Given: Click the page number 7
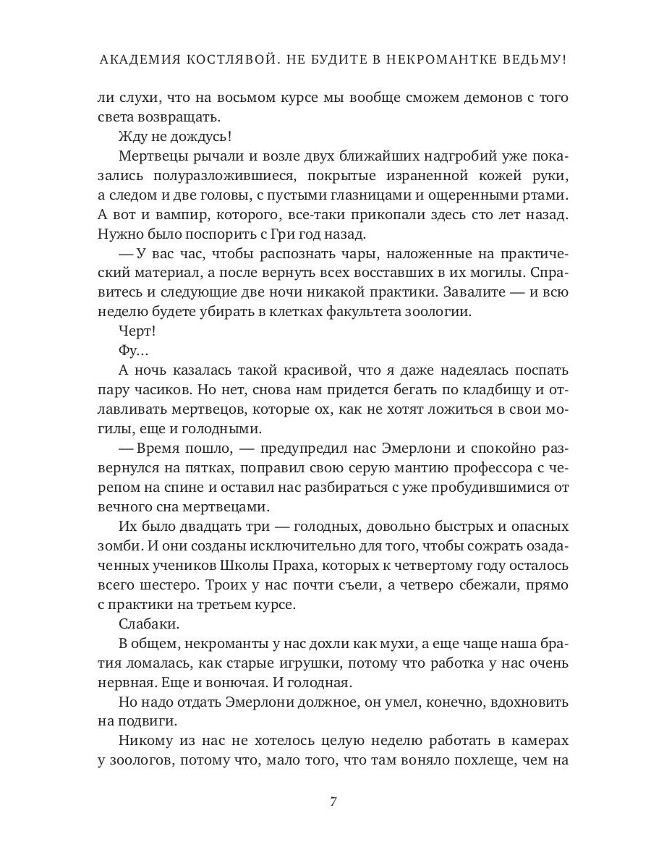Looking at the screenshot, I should [x=333, y=801].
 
